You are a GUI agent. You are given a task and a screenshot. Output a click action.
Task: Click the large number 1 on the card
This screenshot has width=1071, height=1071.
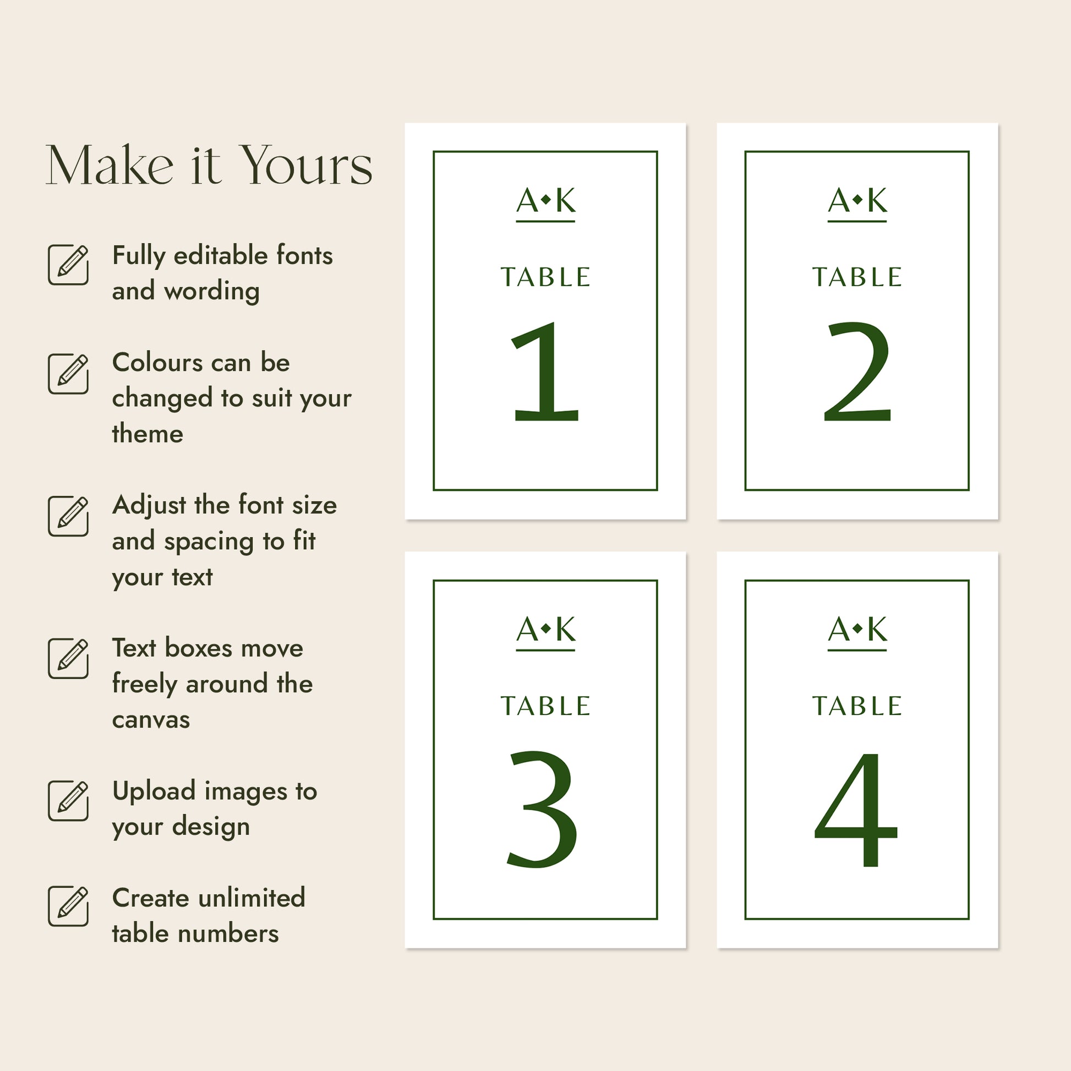pos(545,371)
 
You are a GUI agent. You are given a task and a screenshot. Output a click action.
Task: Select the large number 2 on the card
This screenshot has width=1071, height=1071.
pos(857,371)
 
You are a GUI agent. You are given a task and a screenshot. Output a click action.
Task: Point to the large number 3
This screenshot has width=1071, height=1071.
pos(543,809)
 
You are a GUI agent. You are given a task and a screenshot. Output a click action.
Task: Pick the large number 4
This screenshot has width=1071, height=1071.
pos(855,810)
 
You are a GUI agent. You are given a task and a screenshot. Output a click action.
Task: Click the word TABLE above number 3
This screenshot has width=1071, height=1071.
pos(545,706)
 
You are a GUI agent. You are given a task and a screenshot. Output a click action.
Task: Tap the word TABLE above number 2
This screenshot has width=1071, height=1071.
pos(857,277)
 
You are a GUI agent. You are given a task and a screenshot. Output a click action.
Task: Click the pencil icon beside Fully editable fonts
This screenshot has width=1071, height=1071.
pos(68,264)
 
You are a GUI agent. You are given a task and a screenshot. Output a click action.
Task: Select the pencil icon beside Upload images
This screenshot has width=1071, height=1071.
pos(68,800)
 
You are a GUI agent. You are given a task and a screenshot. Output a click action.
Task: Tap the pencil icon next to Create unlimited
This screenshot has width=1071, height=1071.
pos(68,906)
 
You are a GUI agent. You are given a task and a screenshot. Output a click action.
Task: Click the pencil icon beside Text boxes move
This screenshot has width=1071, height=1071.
pos(68,658)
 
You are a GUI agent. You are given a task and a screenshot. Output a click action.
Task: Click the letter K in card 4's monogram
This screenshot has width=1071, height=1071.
pos(877,629)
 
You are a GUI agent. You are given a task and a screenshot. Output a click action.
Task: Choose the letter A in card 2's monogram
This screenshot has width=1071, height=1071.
pos(839,200)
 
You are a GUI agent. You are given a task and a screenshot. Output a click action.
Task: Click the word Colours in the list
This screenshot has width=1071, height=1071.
pos(158,363)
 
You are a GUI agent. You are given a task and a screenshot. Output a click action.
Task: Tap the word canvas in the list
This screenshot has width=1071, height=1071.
pos(151,720)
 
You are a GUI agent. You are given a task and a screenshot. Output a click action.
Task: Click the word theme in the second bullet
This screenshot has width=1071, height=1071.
pos(147,434)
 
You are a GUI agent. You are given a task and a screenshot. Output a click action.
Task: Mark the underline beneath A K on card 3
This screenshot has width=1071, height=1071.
pos(545,651)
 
